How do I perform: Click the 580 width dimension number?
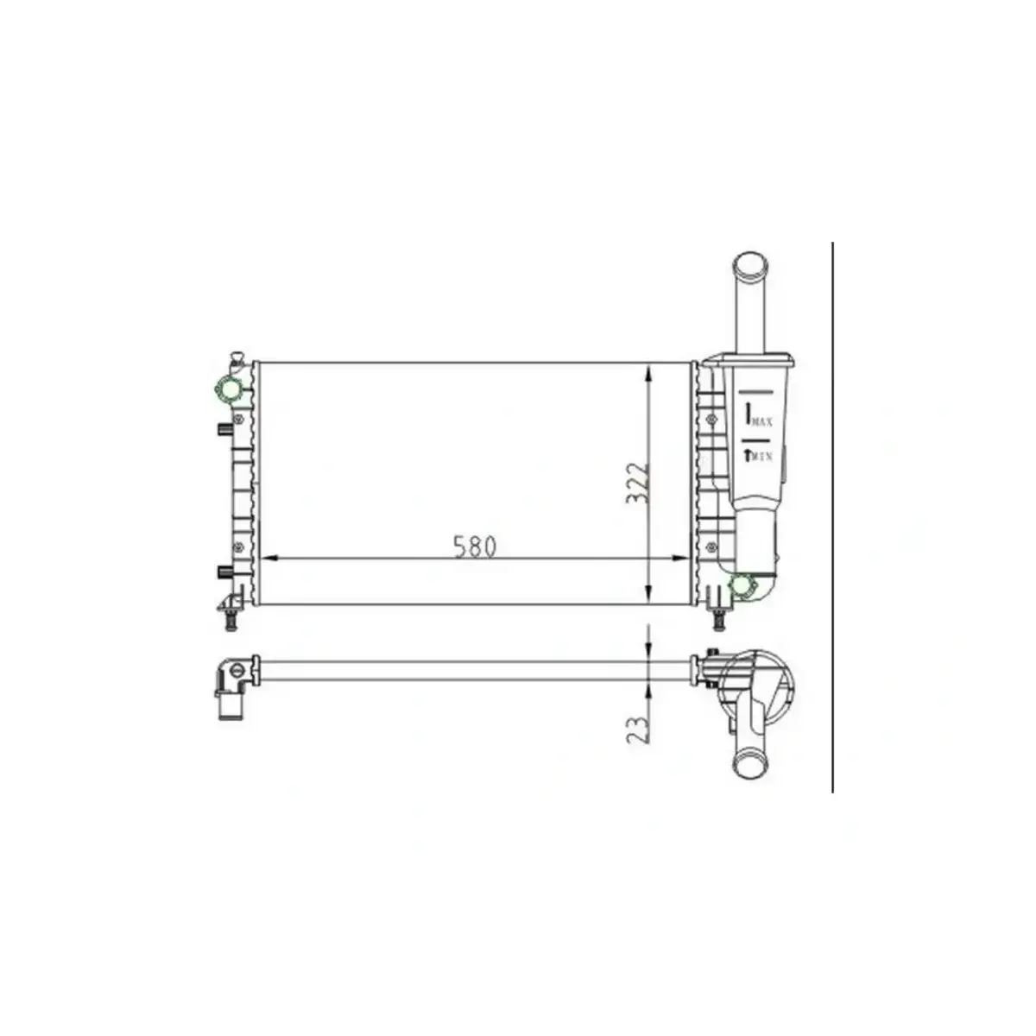tap(475, 546)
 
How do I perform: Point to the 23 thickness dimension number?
tap(638, 728)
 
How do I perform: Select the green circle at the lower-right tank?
tap(742, 587)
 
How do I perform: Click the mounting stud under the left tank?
tap(231, 620)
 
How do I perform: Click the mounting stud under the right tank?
tap(716, 618)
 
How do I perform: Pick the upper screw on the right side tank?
tap(712, 420)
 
